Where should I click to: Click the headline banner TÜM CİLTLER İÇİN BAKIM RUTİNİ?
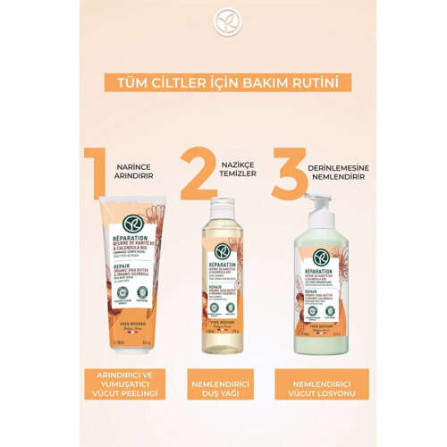pos(223,82)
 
